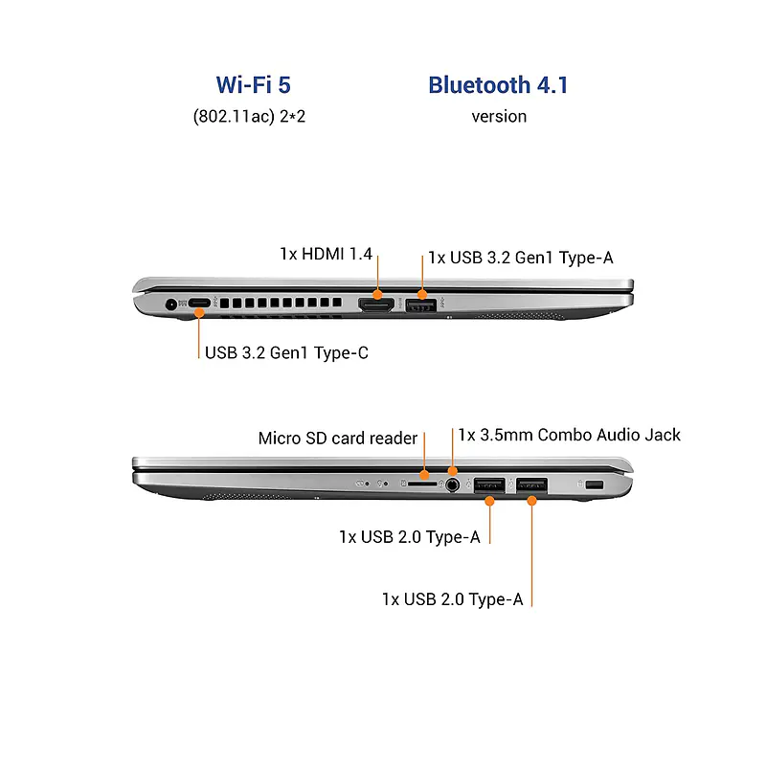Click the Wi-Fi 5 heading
253,85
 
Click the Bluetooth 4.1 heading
498,85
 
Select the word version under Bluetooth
498,116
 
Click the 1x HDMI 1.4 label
326,254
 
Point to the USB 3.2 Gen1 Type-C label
286,352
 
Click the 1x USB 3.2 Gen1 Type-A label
520,258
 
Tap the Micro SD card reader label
338,439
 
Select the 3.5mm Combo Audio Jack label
569,435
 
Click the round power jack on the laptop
173,305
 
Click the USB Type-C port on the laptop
198,305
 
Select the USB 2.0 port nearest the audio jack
489,485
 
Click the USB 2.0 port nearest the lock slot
531,485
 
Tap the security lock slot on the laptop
594,485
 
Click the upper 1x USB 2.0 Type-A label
409,537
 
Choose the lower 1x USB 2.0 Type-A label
452,599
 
